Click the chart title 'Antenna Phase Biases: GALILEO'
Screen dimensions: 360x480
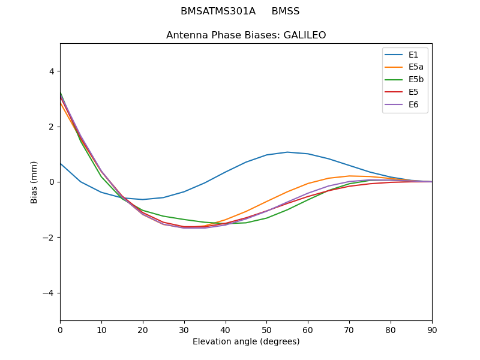pyautogui.click(x=246, y=35)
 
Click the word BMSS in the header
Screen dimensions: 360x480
pyautogui.click(x=286, y=11)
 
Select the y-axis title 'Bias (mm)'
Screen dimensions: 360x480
pyautogui.click(x=34, y=182)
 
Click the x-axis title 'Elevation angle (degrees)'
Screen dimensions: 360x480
pyautogui.click(x=246, y=342)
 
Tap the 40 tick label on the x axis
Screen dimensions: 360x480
pyautogui.click(x=226, y=329)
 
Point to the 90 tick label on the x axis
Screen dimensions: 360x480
pyautogui.click(x=432, y=329)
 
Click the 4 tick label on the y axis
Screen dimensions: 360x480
pyautogui.click(x=51, y=71)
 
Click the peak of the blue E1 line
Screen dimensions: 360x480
pyautogui.click(x=287, y=152)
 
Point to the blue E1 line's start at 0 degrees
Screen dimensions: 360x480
pyautogui.click(x=61, y=163)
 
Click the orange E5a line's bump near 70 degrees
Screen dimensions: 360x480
pyautogui.click(x=349, y=176)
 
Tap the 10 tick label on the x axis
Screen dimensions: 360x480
pyautogui.click(x=101, y=329)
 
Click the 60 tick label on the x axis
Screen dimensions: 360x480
pyautogui.click(x=308, y=329)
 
